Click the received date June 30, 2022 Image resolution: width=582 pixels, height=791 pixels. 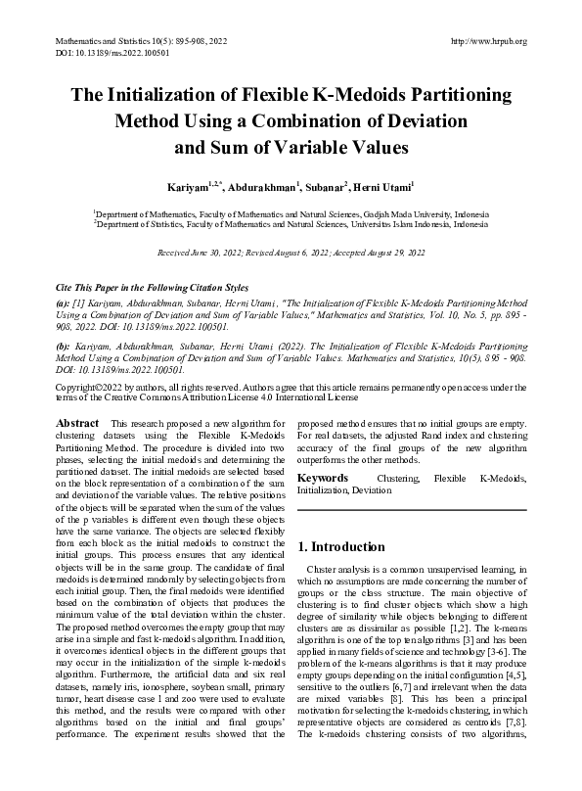click(x=223, y=253)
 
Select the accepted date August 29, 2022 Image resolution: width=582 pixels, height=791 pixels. click(x=392, y=253)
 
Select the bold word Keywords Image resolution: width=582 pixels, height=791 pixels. click(x=323, y=478)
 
